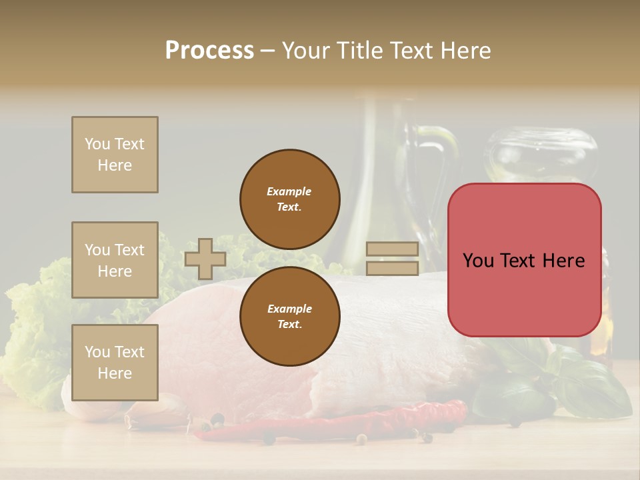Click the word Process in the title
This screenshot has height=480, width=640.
pos(209,51)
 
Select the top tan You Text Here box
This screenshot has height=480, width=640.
pos(115,155)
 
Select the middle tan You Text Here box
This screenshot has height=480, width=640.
pos(115,260)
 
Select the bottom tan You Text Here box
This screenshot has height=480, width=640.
pos(115,362)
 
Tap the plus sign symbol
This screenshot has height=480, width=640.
pos(205,259)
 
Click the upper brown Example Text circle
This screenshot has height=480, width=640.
pos(289,199)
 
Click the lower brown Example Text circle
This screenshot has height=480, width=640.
pos(289,316)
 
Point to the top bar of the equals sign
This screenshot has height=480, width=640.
pos(392,249)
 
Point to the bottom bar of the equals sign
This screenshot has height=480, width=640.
pos(392,268)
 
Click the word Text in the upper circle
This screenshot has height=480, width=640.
pos(289,207)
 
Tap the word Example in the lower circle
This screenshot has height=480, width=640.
pos(289,309)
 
